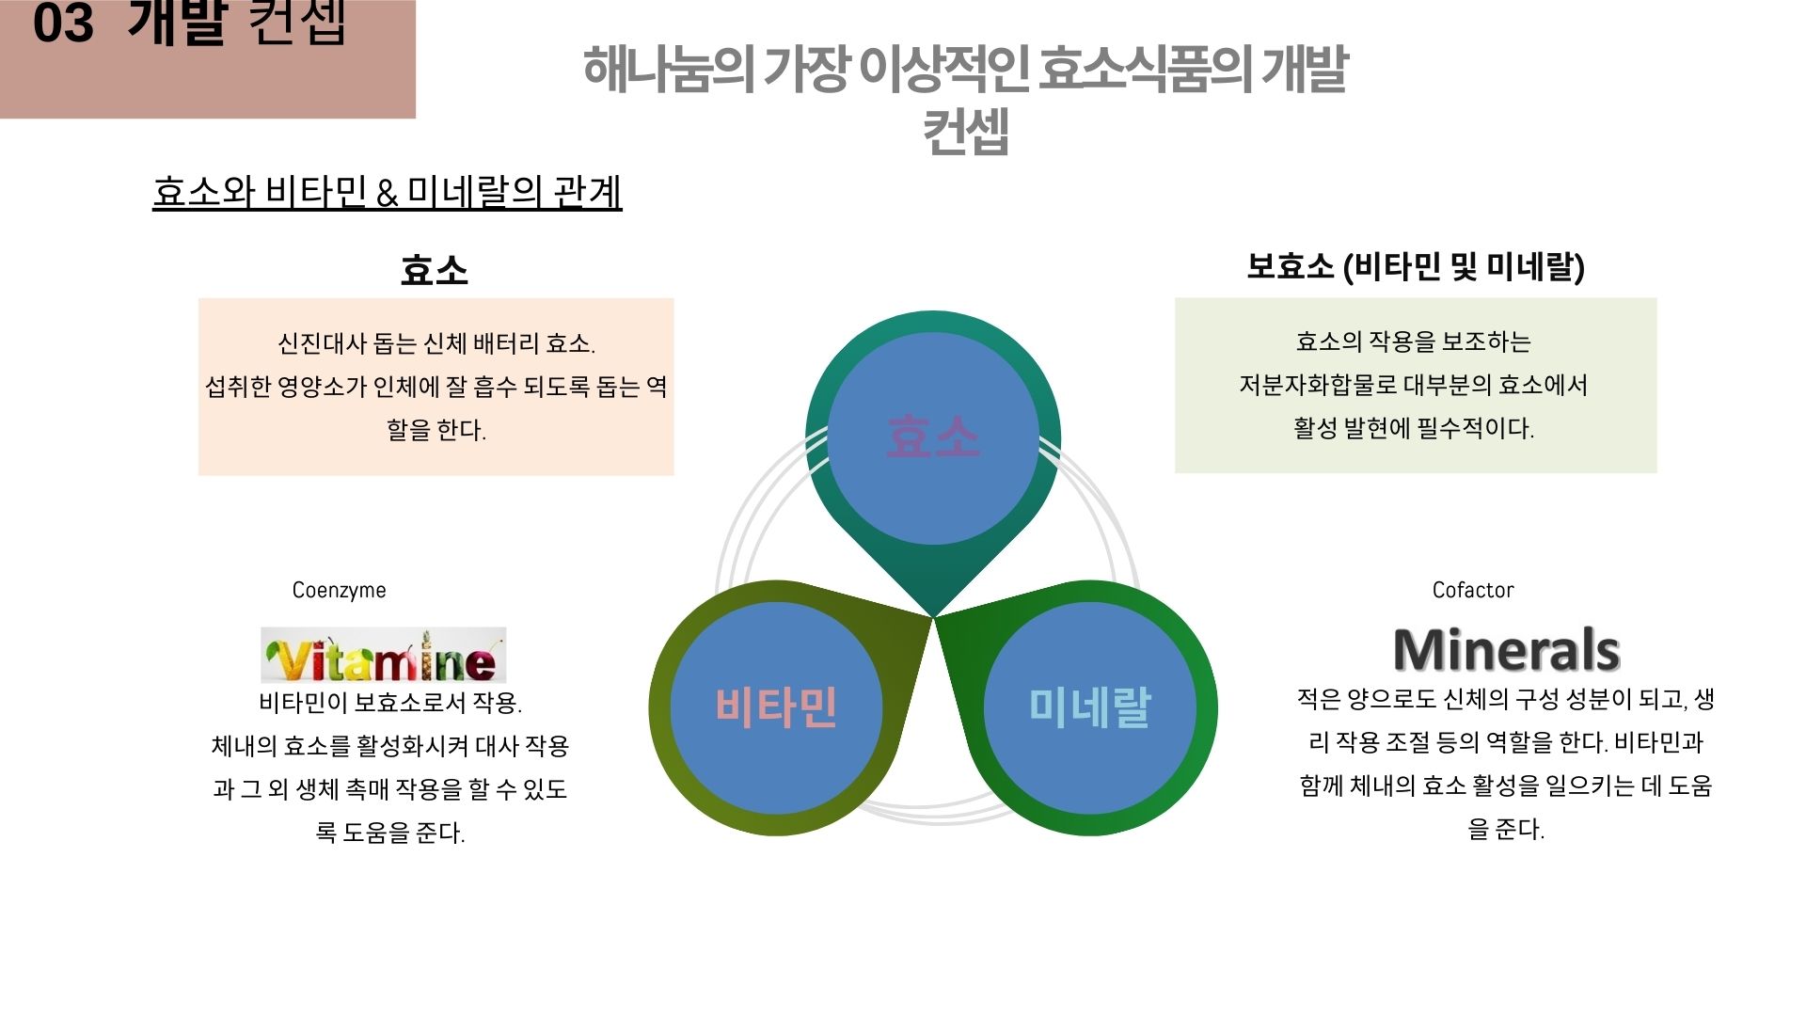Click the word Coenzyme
(339, 590)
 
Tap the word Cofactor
(1472, 590)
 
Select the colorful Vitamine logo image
(383, 655)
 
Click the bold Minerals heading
(1506, 649)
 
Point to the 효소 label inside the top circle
(933, 437)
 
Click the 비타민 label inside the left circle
(776, 707)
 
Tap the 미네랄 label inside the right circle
(1089, 707)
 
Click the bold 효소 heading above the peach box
(434, 270)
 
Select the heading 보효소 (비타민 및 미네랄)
(1415, 266)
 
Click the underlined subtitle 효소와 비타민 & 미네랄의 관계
(387, 192)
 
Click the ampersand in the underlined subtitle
(387, 194)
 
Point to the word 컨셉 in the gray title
(965, 132)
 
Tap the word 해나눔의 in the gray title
(668, 69)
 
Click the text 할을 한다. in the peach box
(436, 430)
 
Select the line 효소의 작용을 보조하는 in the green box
(1413, 341)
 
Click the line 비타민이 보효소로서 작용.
(389, 703)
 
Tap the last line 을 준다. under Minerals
(1505, 829)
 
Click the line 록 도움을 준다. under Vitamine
(389, 833)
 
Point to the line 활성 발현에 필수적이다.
(1413, 428)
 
